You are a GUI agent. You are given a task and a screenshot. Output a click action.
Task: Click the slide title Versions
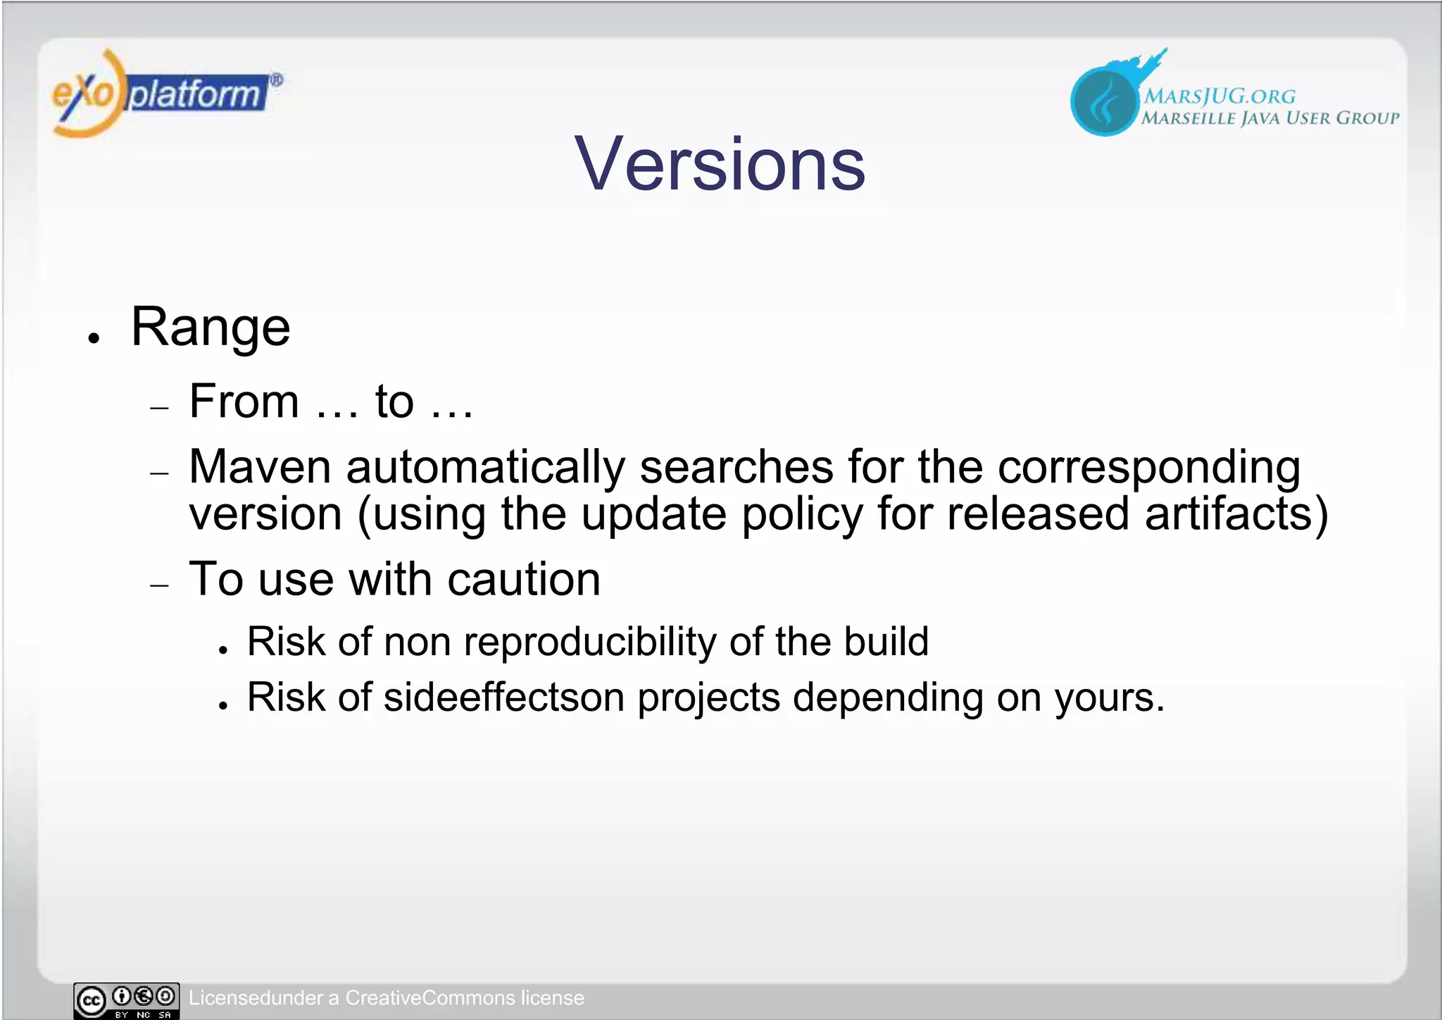click(x=720, y=164)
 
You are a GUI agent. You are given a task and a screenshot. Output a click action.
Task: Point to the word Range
click(x=211, y=328)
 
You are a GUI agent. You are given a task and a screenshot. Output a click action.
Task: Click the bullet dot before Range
click(x=94, y=339)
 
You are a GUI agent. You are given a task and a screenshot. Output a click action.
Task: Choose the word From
click(x=244, y=402)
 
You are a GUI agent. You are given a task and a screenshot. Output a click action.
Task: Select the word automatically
click(x=485, y=468)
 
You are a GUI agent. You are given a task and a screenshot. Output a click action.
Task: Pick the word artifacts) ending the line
click(x=1236, y=514)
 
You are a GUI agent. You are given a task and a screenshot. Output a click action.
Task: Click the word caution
click(x=524, y=580)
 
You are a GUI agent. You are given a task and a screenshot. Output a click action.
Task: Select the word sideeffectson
click(x=503, y=697)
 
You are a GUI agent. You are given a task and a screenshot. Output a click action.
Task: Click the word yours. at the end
click(x=1109, y=699)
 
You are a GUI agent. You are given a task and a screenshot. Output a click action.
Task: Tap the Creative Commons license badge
click(x=126, y=1000)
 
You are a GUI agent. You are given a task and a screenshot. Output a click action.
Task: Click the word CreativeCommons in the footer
click(x=430, y=998)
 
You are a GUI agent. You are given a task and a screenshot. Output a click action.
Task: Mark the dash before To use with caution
click(x=161, y=585)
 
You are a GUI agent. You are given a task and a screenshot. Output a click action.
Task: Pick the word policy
click(x=802, y=514)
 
